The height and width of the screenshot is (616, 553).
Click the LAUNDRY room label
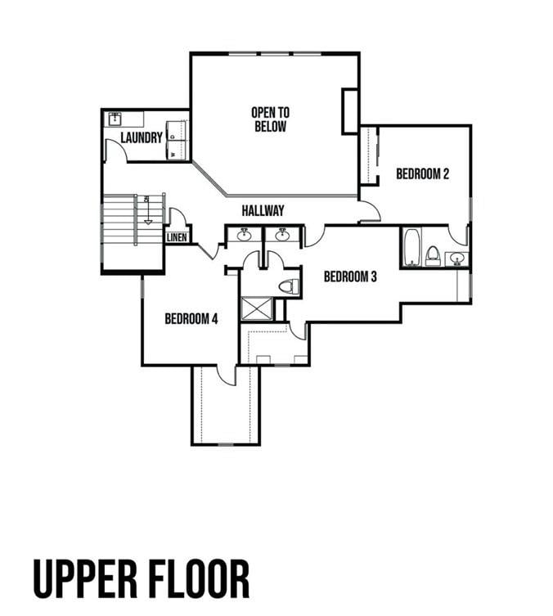[142, 137]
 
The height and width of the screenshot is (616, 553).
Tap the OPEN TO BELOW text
[270, 119]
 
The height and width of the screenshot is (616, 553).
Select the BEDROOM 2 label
[422, 173]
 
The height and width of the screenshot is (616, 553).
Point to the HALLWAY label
[263, 211]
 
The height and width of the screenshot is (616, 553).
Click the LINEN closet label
[178, 237]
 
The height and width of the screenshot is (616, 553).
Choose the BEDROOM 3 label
[350, 277]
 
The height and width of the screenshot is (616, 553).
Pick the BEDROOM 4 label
[191, 319]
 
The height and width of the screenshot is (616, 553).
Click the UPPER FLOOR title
[142, 579]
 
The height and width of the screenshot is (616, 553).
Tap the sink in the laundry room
[115, 119]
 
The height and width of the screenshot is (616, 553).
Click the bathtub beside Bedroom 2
[411, 247]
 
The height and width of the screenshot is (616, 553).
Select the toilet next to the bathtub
[433, 255]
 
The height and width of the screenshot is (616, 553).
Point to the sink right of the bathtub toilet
[457, 259]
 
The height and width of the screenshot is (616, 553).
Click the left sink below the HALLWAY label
[244, 236]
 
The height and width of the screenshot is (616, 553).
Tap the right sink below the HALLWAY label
[282, 236]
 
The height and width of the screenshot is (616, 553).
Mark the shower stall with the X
[257, 308]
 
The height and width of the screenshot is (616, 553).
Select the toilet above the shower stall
[287, 286]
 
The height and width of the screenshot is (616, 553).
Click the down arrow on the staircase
[147, 211]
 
